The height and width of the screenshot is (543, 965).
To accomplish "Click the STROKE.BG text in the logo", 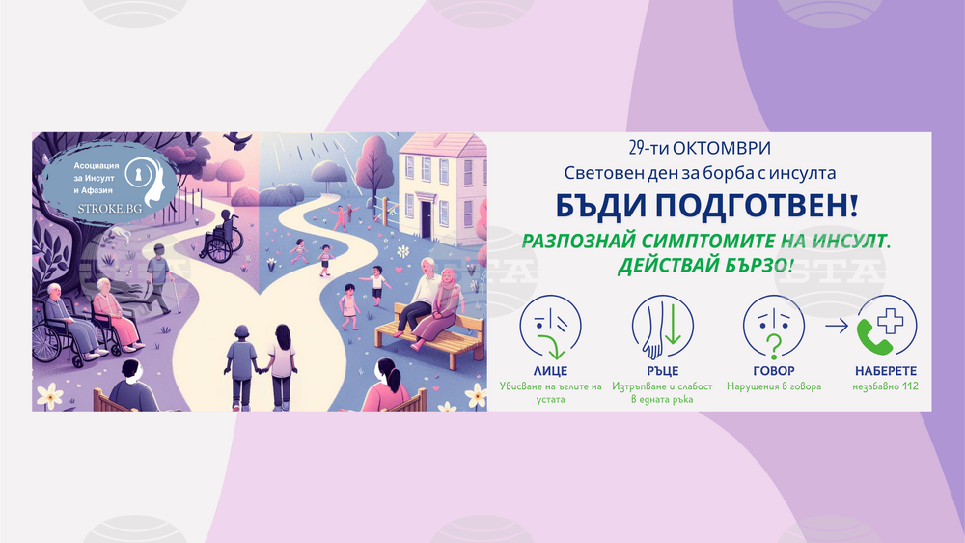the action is point(110,209).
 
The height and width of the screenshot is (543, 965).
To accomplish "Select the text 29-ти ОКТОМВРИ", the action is point(700,148).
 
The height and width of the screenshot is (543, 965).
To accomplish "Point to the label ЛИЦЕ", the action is point(550,371).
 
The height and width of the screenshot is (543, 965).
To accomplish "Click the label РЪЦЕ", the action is point(662,371).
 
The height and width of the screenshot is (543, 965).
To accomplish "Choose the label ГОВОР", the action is point(774,371).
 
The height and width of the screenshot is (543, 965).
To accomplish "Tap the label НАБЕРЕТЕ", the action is point(886,371).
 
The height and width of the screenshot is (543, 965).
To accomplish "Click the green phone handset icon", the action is point(874,337).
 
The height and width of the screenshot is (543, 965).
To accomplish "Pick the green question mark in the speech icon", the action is point(774,347).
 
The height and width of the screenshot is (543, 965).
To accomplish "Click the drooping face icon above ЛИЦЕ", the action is point(550,327).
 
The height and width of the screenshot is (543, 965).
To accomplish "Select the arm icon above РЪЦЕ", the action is point(662,327).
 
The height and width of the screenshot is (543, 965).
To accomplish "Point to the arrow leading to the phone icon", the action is point(837,326).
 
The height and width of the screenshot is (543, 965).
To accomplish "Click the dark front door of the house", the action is point(427,218).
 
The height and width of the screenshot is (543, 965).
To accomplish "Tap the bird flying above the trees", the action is point(238,140).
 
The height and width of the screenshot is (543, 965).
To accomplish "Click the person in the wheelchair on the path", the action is point(220,236).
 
